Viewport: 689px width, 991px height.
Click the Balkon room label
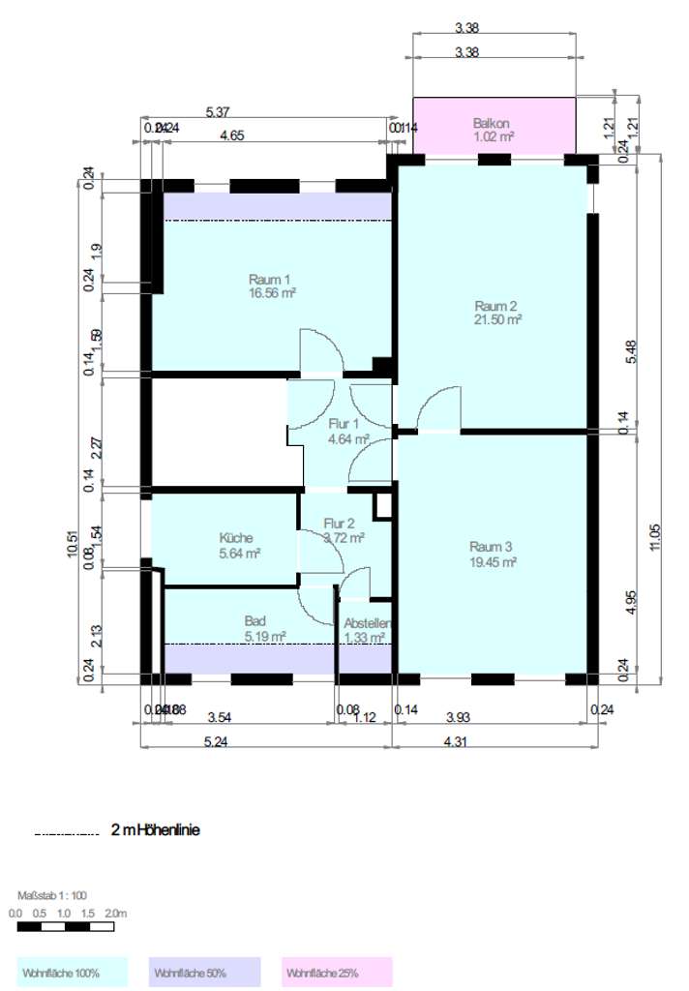click(x=493, y=123)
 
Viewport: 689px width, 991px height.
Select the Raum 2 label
click(x=497, y=303)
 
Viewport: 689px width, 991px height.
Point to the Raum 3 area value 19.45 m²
click(x=493, y=560)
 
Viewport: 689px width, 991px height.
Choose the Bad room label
click(x=255, y=621)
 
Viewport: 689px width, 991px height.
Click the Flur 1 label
click(x=344, y=424)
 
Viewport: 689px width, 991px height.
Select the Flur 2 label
click(x=340, y=523)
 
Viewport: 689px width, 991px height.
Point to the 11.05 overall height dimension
click(x=659, y=536)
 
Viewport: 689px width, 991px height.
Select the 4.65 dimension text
click(x=231, y=136)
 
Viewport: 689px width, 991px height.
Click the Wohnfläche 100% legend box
click(x=72, y=972)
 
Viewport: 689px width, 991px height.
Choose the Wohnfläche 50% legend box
click(x=204, y=972)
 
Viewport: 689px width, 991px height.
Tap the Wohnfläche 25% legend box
click(x=337, y=972)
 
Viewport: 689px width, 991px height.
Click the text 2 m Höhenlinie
click(x=156, y=829)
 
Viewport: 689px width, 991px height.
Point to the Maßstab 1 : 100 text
click(x=52, y=896)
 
